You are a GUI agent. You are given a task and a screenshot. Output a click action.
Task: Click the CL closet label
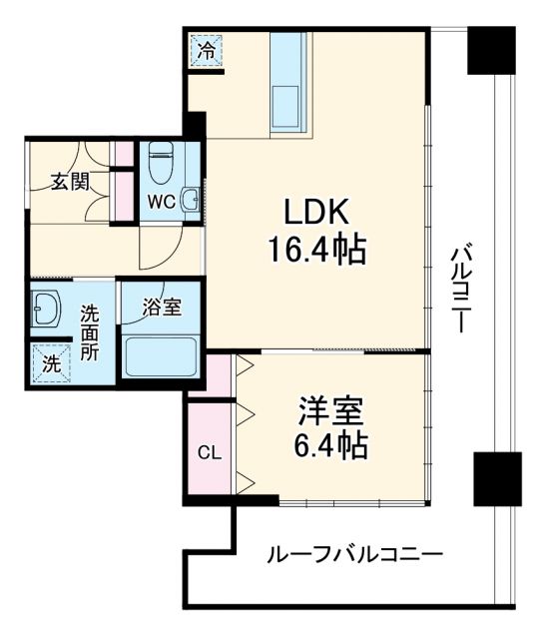209,452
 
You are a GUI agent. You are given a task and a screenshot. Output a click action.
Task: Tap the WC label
161,201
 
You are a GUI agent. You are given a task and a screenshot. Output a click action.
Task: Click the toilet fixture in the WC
161,160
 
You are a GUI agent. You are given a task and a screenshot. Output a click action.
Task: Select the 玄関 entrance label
70,182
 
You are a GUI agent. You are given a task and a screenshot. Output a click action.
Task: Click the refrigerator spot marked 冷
207,48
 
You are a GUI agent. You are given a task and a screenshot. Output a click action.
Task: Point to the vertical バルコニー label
461,289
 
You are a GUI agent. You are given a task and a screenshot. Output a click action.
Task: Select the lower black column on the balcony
497,477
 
